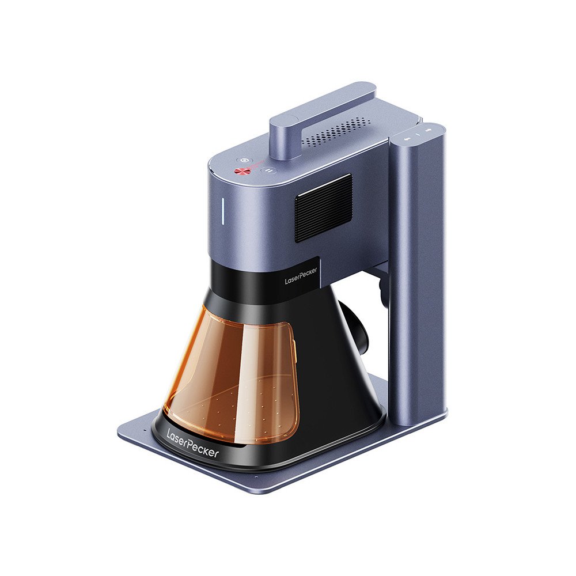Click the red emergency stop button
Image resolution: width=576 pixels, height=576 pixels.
pos(241,170)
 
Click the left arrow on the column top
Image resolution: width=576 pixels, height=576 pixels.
pos(406,138)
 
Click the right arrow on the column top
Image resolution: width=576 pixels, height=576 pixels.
pos(428,130)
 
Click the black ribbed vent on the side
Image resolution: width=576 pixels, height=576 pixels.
pos(324,207)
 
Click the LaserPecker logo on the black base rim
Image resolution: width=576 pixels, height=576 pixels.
pos(192,444)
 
